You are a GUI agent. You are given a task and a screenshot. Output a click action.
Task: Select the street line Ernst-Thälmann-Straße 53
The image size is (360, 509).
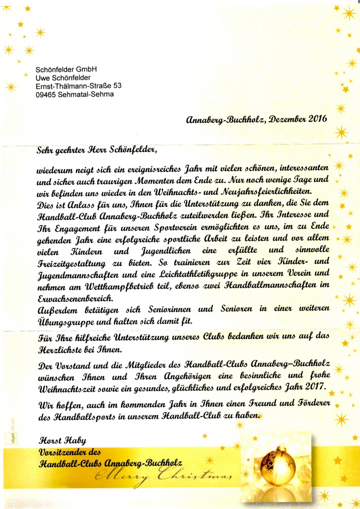tap(79, 85)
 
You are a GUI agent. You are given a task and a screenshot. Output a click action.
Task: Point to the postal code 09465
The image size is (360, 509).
tap(46, 94)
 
